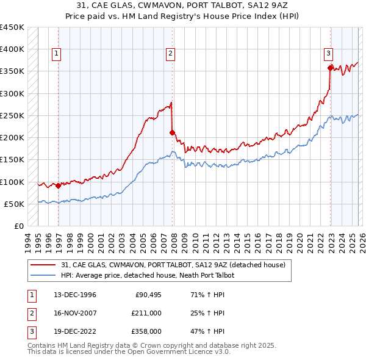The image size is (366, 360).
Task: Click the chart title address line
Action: tap(184, 5)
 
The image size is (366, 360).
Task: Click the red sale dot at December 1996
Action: tap(59, 186)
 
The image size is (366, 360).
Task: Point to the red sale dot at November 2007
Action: tap(173, 132)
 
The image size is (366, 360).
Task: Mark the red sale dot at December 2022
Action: tap(330, 68)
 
